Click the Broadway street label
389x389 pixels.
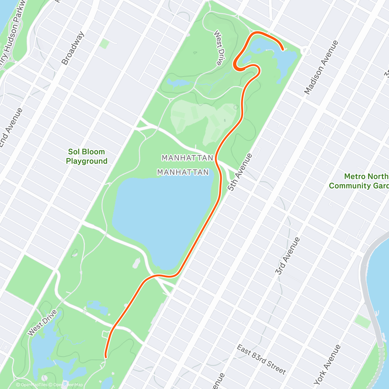(x=73, y=48)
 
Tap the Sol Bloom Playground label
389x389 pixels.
(x=87, y=156)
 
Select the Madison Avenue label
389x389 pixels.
(x=321, y=67)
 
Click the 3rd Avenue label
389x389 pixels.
(x=288, y=256)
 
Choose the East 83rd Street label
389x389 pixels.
(x=261, y=360)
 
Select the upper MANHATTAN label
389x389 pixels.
(x=187, y=158)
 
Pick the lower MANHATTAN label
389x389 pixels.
(x=183, y=172)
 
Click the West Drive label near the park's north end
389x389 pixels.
(x=220, y=48)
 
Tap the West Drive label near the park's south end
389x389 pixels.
(x=42, y=323)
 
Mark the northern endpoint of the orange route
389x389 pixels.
(x=283, y=50)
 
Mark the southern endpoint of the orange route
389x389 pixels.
(x=106, y=357)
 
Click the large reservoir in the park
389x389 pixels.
(x=159, y=220)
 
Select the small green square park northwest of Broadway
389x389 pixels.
(x=104, y=43)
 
